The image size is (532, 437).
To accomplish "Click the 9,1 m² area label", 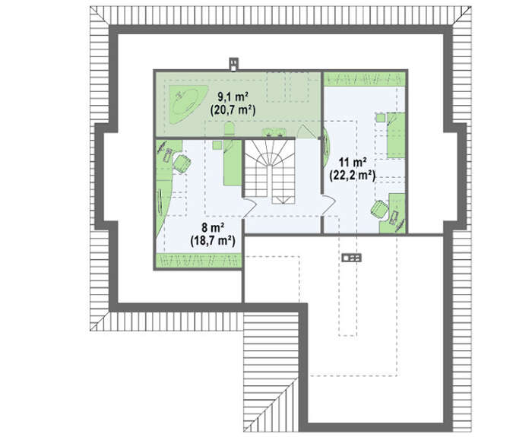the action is [x=233, y=97].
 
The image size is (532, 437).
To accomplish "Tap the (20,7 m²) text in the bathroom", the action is [x=233, y=109].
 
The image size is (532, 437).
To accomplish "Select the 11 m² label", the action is [x=352, y=163].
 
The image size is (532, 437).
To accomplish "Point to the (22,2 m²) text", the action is [x=352, y=175].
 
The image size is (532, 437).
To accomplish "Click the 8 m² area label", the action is [x=213, y=228].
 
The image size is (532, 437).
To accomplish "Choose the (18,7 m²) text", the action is [x=213, y=240].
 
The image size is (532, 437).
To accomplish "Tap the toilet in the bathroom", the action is [x=230, y=130].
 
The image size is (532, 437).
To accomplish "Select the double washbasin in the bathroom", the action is [x=274, y=132].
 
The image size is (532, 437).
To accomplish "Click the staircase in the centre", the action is [x=269, y=172].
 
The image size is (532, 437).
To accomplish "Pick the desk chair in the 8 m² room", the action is [x=182, y=163].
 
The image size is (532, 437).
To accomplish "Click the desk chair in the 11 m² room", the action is [x=379, y=209].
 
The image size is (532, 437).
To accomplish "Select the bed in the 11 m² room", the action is [x=396, y=135].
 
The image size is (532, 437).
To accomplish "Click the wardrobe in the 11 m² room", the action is [x=364, y=79].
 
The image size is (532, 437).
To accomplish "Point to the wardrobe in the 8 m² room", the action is [x=199, y=260].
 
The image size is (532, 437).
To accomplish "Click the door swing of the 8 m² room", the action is [x=250, y=207].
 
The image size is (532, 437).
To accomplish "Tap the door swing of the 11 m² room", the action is [x=328, y=205].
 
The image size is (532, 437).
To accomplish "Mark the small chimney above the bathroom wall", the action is [x=234, y=65].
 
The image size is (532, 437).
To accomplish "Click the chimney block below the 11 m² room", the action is [x=351, y=258].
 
